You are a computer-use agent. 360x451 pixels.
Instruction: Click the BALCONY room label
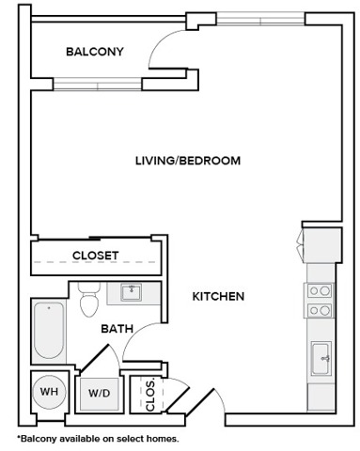(x=95, y=52)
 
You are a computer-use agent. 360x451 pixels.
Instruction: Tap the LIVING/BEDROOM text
(x=187, y=161)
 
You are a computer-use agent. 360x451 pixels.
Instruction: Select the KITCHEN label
(x=218, y=296)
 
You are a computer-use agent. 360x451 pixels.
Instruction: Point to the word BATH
(x=117, y=329)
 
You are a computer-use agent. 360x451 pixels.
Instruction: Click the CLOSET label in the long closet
(x=95, y=255)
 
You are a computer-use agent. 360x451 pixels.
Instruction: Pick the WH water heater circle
(x=48, y=392)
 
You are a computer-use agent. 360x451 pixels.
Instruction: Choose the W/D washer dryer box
(x=100, y=393)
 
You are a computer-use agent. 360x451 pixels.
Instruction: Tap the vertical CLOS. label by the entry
(x=149, y=393)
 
